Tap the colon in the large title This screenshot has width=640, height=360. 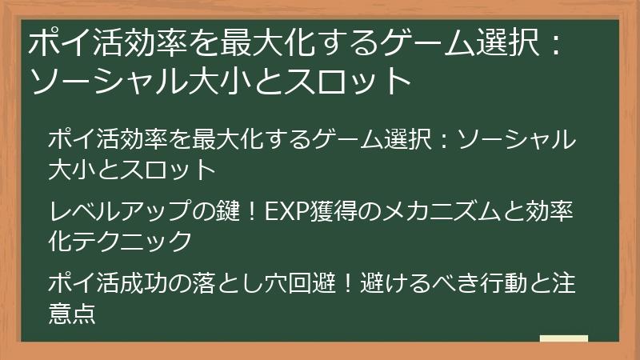click(x=551, y=43)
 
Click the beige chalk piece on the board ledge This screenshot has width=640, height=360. click(x=563, y=339)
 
